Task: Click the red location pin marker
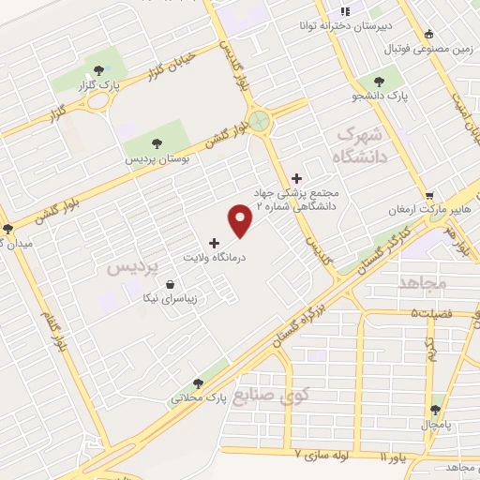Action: click(241, 221)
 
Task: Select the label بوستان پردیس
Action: click(158, 159)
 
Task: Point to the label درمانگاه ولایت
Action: click(214, 256)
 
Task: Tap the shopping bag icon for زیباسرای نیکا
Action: click(169, 285)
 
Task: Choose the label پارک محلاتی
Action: click(197, 397)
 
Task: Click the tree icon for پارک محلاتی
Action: click(197, 382)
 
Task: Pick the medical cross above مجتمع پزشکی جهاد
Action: click(297, 178)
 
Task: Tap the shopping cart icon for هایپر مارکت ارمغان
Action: click(429, 195)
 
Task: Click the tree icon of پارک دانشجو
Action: click(379, 82)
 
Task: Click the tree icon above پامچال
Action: click(435, 410)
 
